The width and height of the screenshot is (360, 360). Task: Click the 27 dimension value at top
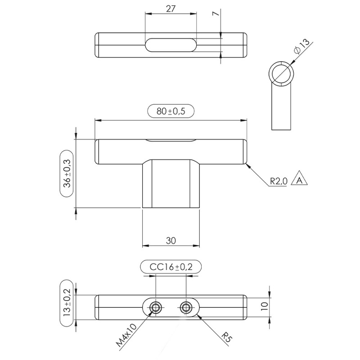(171, 9)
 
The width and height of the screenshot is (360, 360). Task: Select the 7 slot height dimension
(217, 14)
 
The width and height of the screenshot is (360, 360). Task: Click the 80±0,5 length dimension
(171, 111)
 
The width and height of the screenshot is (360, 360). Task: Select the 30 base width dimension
(171, 241)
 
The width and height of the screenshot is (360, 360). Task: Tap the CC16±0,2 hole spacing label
(171, 267)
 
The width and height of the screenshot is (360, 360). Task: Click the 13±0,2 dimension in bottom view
(67, 304)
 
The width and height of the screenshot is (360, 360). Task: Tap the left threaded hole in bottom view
(156, 307)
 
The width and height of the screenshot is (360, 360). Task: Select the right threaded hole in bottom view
(186, 307)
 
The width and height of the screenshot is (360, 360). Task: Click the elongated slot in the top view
(171, 45)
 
